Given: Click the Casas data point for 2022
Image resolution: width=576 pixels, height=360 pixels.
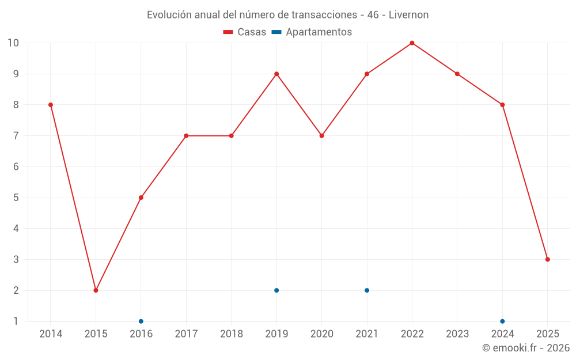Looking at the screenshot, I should (412, 43).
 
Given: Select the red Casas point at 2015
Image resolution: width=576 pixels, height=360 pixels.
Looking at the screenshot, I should (96, 290).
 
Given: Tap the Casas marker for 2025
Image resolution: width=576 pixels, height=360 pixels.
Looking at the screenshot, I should (547, 259).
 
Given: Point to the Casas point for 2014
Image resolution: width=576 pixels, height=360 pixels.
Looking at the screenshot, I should (51, 105).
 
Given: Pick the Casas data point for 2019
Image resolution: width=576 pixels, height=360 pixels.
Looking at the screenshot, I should (276, 74).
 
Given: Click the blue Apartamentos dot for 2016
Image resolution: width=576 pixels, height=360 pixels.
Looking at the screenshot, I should (141, 321).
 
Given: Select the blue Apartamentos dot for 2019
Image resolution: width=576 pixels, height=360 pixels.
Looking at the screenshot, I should (276, 290).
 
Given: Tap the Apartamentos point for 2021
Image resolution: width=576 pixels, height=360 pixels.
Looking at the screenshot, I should (367, 290).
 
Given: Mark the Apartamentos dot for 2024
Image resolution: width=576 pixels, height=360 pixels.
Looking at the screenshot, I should (502, 321).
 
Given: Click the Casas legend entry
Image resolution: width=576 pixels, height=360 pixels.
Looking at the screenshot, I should (245, 32).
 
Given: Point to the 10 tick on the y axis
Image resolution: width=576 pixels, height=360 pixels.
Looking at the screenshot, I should (13, 43).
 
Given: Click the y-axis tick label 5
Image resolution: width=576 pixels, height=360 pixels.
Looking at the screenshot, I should (16, 198).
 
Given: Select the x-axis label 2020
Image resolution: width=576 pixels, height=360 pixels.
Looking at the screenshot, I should (321, 334).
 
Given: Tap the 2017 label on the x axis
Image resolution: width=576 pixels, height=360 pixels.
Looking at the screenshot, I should (186, 334).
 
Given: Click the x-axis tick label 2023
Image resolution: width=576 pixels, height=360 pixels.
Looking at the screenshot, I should (457, 334).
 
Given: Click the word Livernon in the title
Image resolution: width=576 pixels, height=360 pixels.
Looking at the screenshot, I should (408, 15).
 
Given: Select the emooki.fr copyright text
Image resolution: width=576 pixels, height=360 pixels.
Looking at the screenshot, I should (526, 348).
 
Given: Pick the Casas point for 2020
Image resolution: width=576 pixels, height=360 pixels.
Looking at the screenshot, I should (321, 136).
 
